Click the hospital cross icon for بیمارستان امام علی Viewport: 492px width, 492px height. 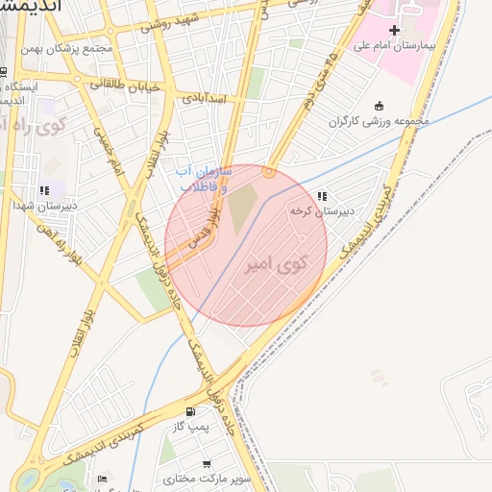[x=394, y=31]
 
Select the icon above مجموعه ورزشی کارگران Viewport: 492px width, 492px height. [x=380, y=106]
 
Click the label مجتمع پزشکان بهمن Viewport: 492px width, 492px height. [x=99, y=48]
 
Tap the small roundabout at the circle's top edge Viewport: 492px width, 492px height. [x=269, y=172]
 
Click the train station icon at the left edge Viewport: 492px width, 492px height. [x=5, y=73]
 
